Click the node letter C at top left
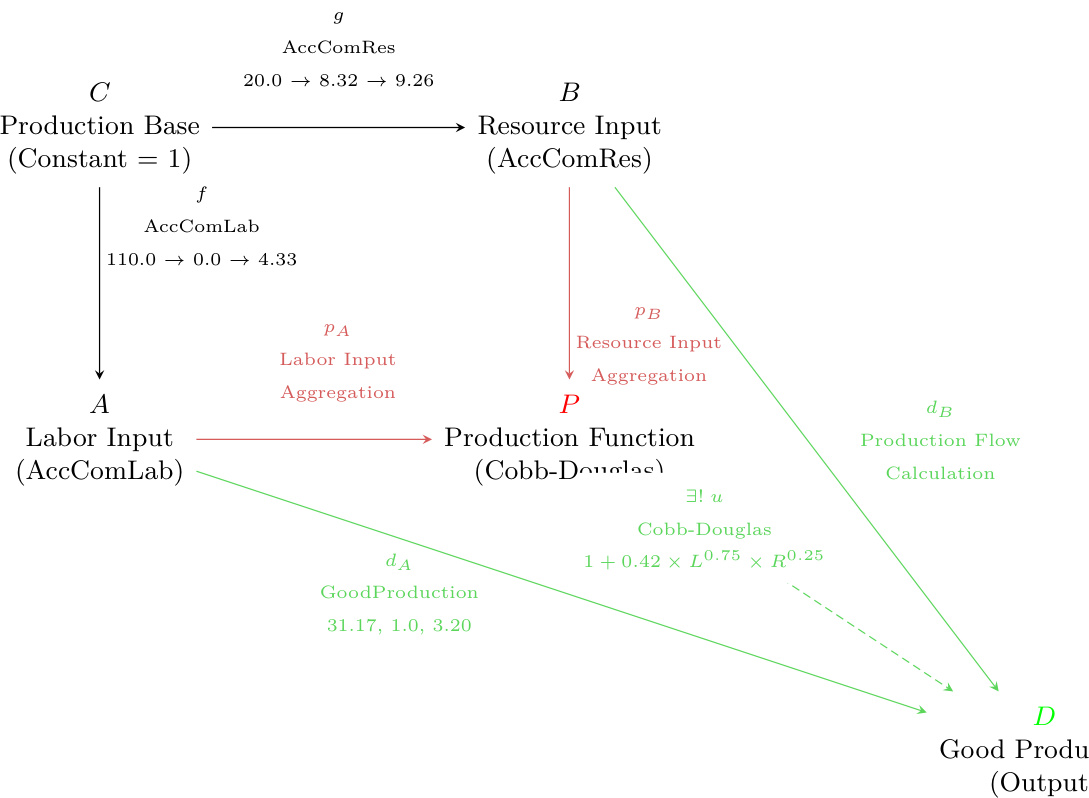pyautogui.click(x=99, y=93)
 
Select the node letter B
pyautogui.click(x=569, y=93)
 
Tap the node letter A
pyautogui.click(x=99, y=404)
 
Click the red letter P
pyautogui.click(x=569, y=404)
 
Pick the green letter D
pyautogui.click(x=1044, y=716)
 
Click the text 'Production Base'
pyautogui.click(x=99, y=126)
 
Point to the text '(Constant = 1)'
pyautogui.click(x=99, y=159)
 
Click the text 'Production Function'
pyautogui.click(x=569, y=438)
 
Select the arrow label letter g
pyautogui.click(x=338, y=17)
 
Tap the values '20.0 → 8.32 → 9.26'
pyautogui.click(x=338, y=80)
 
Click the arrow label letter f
pyautogui.click(x=202, y=194)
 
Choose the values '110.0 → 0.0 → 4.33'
pyautogui.click(x=202, y=259)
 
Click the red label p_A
pyautogui.click(x=337, y=328)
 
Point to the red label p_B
pyautogui.click(x=648, y=312)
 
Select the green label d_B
pyautogui.click(x=939, y=408)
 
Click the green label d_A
pyautogui.click(x=398, y=561)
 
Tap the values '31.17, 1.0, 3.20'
pyautogui.click(x=399, y=626)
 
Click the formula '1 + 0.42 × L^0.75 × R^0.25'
pyautogui.click(x=703, y=560)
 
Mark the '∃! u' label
pyautogui.click(x=704, y=496)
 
